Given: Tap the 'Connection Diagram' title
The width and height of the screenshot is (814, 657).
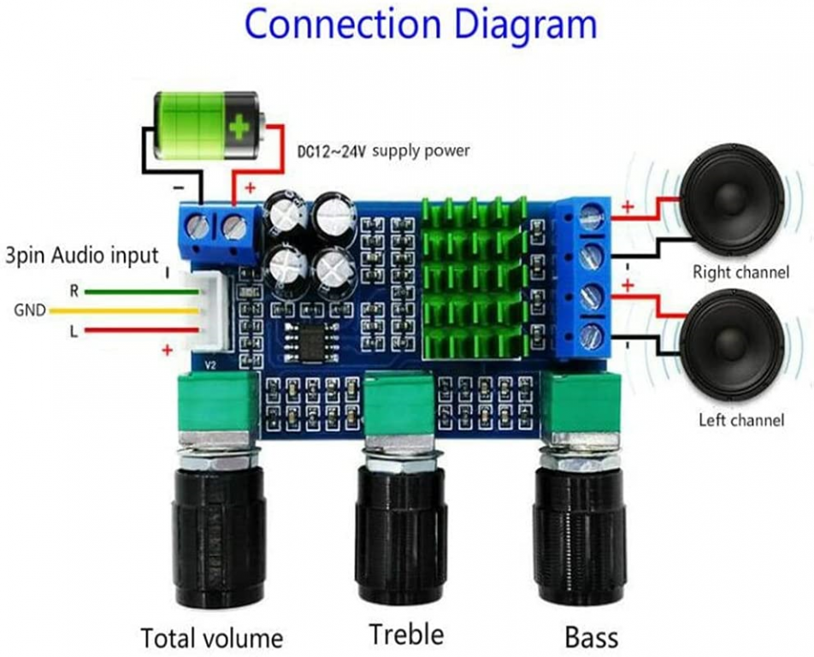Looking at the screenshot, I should (x=420, y=25).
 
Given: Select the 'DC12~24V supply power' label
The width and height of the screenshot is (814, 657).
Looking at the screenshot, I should (x=383, y=151).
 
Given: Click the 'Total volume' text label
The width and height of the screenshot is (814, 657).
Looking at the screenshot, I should (x=211, y=637).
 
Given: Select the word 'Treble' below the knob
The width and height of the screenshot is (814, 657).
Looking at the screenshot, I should (x=406, y=634).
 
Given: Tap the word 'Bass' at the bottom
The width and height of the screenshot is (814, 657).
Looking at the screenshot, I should (x=591, y=637).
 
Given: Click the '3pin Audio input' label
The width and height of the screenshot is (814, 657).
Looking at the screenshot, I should (x=82, y=254).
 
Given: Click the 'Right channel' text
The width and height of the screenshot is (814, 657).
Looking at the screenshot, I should (x=741, y=273).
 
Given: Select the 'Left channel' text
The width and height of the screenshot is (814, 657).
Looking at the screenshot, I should (x=741, y=420).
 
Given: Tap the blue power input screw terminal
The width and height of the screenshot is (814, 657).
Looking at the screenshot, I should (x=216, y=228).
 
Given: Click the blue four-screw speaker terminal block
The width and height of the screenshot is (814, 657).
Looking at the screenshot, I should (x=583, y=275).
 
